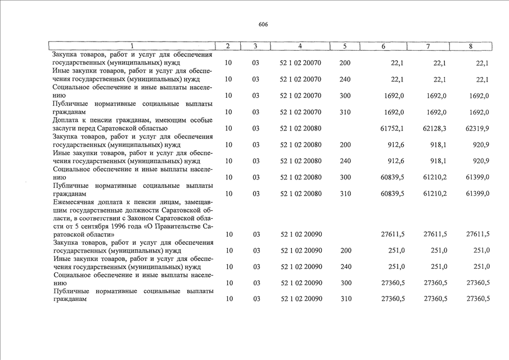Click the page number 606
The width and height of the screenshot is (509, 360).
(263, 25)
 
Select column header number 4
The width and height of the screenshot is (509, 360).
(300, 46)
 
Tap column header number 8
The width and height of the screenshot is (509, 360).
(470, 46)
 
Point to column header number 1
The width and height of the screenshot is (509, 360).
(132, 46)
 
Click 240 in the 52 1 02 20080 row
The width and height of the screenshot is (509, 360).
(345, 161)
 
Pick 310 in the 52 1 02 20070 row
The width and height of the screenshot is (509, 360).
(345, 112)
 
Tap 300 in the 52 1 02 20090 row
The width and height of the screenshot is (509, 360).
(345, 283)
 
